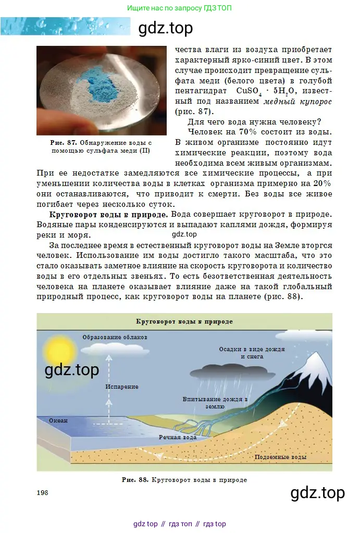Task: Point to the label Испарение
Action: (121, 387)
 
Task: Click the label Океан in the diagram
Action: (58, 420)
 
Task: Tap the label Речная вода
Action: (178, 438)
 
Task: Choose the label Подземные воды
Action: (280, 457)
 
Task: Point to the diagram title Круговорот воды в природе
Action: (184, 321)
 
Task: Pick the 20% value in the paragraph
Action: (322, 183)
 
